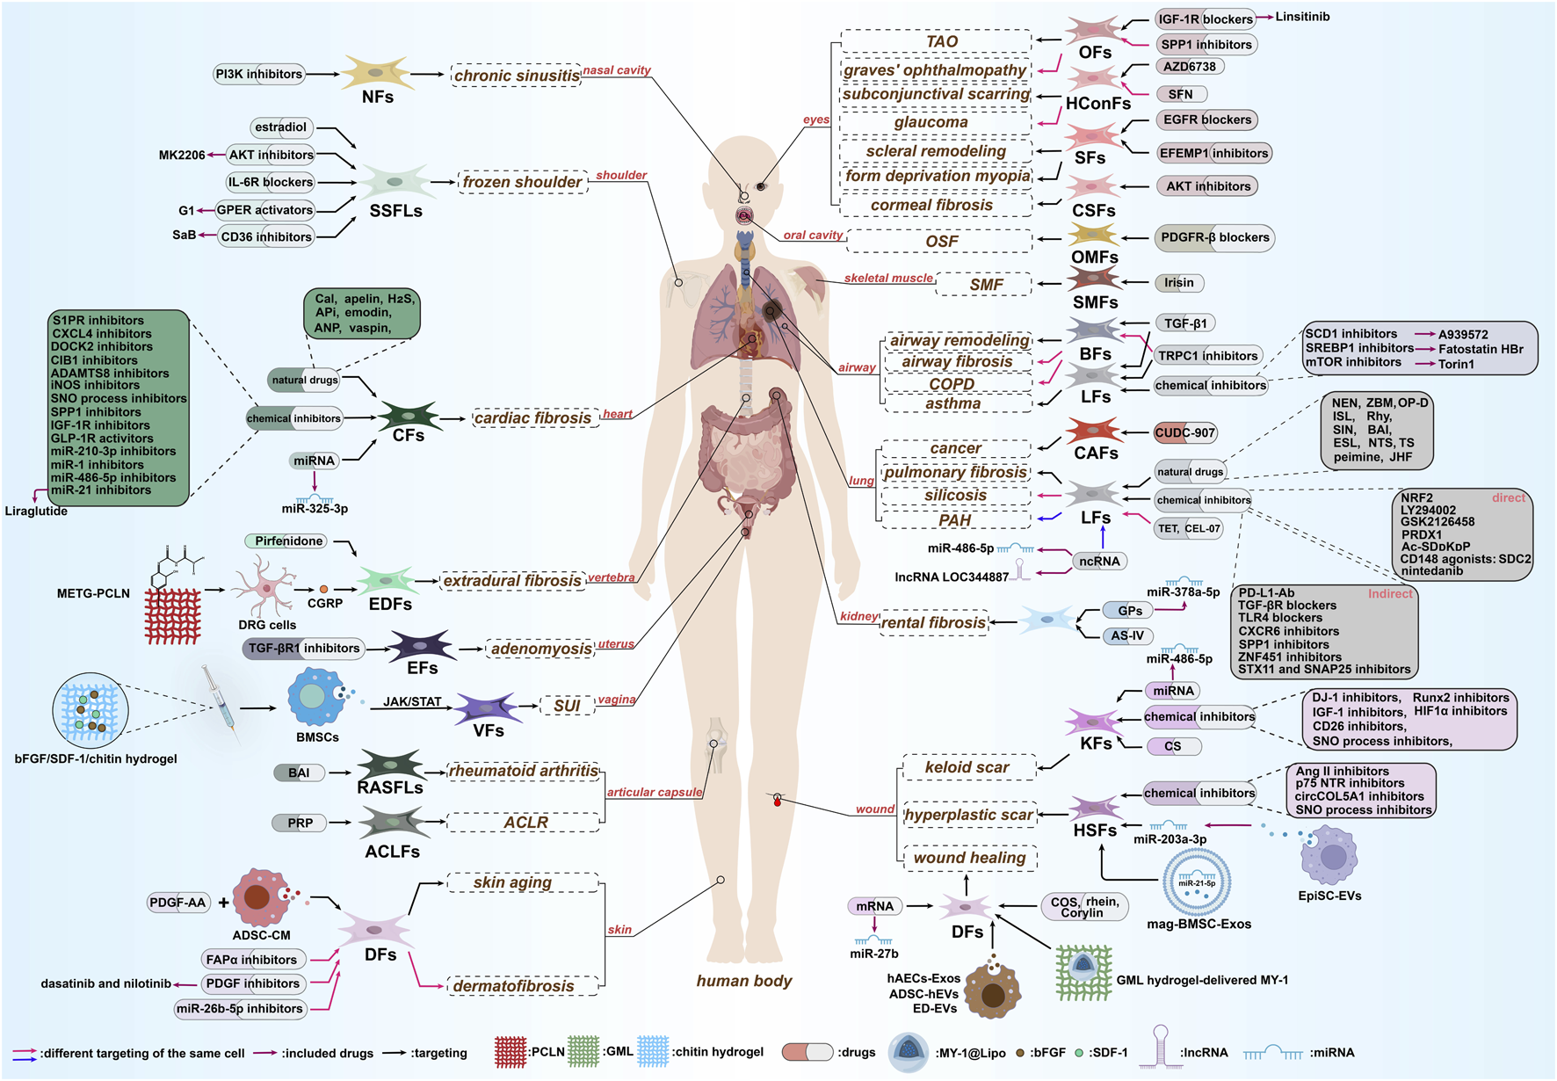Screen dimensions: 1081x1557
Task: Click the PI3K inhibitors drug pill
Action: (259, 74)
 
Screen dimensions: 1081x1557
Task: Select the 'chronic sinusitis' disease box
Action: (517, 76)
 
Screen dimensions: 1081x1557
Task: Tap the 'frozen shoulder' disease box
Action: (523, 182)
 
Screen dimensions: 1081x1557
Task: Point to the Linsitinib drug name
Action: (1302, 17)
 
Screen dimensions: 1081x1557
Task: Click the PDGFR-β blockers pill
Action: (1214, 237)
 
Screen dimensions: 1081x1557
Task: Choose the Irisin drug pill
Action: (1178, 283)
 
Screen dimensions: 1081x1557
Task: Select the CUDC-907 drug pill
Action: (1184, 432)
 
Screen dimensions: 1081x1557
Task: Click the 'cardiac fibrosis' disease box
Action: (532, 418)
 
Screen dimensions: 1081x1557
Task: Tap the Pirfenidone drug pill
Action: (288, 541)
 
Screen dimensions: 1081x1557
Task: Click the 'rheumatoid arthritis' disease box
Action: (523, 771)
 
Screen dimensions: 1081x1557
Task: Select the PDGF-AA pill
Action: (178, 902)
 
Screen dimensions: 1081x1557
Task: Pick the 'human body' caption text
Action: (744, 981)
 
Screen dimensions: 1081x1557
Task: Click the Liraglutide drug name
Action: (36, 511)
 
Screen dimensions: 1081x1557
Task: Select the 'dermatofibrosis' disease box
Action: (514, 986)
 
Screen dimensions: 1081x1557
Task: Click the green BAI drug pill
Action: (299, 773)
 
